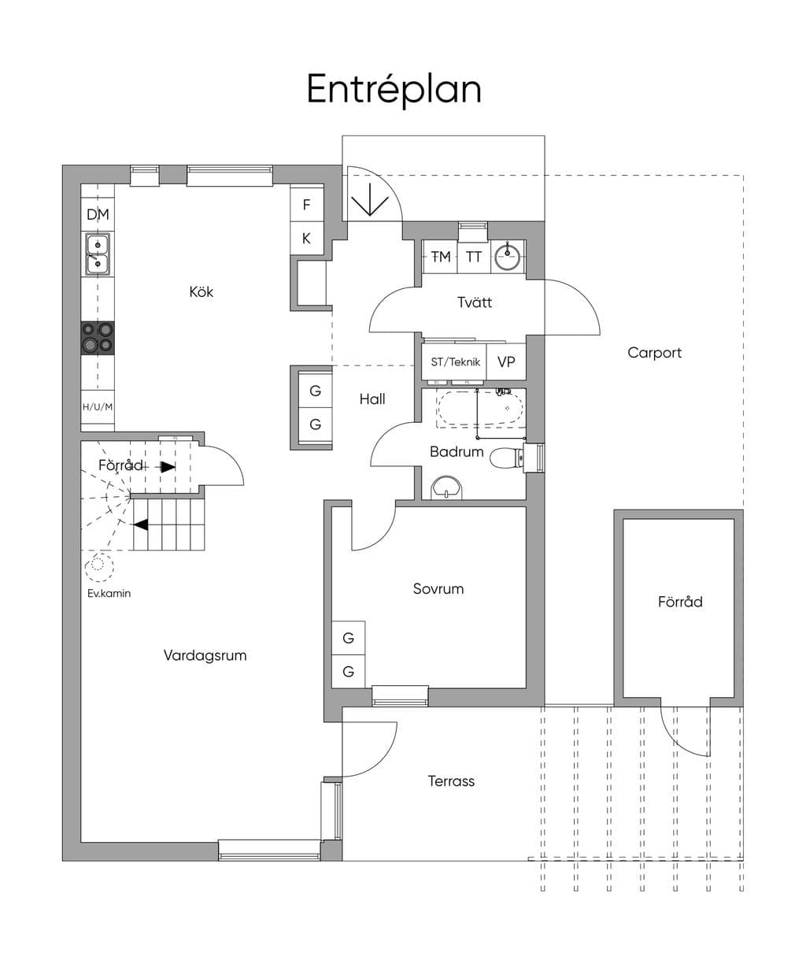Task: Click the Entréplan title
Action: click(394, 90)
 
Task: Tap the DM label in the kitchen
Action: click(98, 214)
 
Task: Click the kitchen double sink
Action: click(98, 254)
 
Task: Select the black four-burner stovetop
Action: click(98, 339)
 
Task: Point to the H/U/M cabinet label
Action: click(98, 406)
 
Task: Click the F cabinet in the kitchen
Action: click(306, 205)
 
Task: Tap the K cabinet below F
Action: click(306, 238)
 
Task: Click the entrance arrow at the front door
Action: click(370, 199)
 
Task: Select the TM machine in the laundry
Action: click(440, 257)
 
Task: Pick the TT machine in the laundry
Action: click(474, 257)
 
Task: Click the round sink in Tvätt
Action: click(508, 256)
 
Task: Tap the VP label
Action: click(506, 362)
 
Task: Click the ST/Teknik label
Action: click(456, 362)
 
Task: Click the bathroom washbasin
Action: click(446, 488)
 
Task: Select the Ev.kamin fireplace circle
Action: click(98, 567)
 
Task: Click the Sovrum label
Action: click(438, 588)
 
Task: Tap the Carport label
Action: click(654, 353)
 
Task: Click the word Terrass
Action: click(451, 781)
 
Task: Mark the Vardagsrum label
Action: click(205, 655)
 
